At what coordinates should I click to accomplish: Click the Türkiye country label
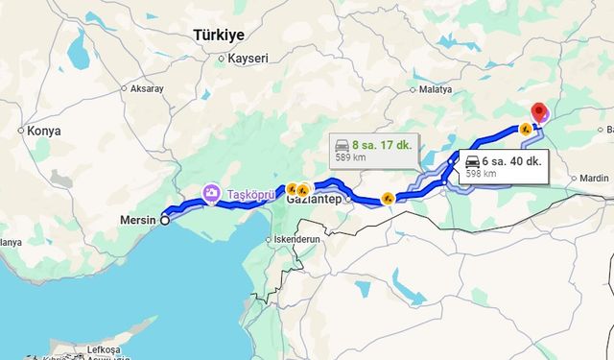tap(219, 35)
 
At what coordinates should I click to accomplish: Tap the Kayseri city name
tap(249, 59)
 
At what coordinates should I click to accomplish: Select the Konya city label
tap(44, 131)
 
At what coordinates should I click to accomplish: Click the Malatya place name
tap(435, 89)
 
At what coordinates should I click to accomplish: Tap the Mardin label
tap(594, 178)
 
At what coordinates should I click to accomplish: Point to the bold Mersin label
tap(138, 220)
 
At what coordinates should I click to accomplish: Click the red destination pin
tap(539, 112)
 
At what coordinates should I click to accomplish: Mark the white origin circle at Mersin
tap(165, 220)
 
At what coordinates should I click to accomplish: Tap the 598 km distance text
tap(481, 174)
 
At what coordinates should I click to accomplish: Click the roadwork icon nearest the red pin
tap(525, 129)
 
